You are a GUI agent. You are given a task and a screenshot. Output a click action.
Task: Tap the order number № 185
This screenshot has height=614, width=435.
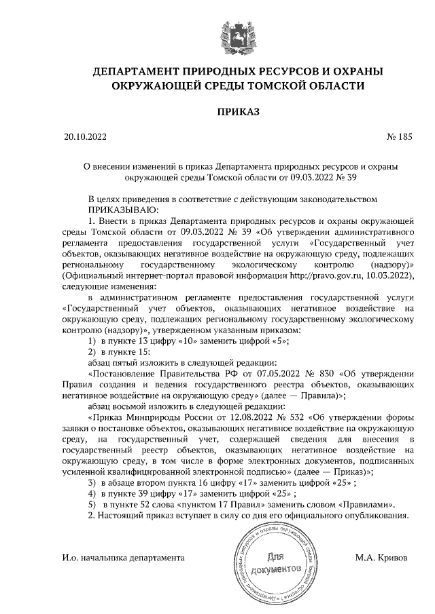coord(399,137)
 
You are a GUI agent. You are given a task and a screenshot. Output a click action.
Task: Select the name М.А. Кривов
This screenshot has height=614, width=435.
coord(382,558)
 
